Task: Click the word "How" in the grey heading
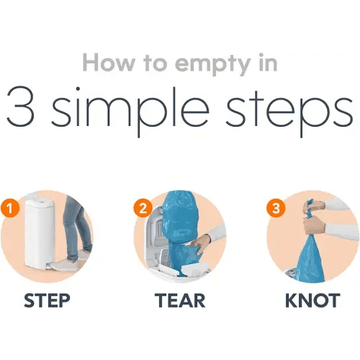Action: click(x=109, y=63)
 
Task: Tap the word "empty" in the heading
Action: click(x=213, y=65)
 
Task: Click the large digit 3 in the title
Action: click(x=20, y=106)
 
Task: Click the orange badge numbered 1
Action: click(x=9, y=208)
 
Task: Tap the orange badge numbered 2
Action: click(x=143, y=208)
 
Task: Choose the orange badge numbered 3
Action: click(x=276, y=208)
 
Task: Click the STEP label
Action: click(x=47, y=300)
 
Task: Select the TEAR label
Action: click(x=180, y=300)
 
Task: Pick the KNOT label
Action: click(x=312, y=300)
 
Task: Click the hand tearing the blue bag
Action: click(x=201, y=243)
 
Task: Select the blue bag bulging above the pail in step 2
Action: click(x=179, y=216)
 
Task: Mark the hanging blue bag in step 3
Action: click(x=309, y=259)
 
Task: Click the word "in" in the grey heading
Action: click(x=268, y=63)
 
